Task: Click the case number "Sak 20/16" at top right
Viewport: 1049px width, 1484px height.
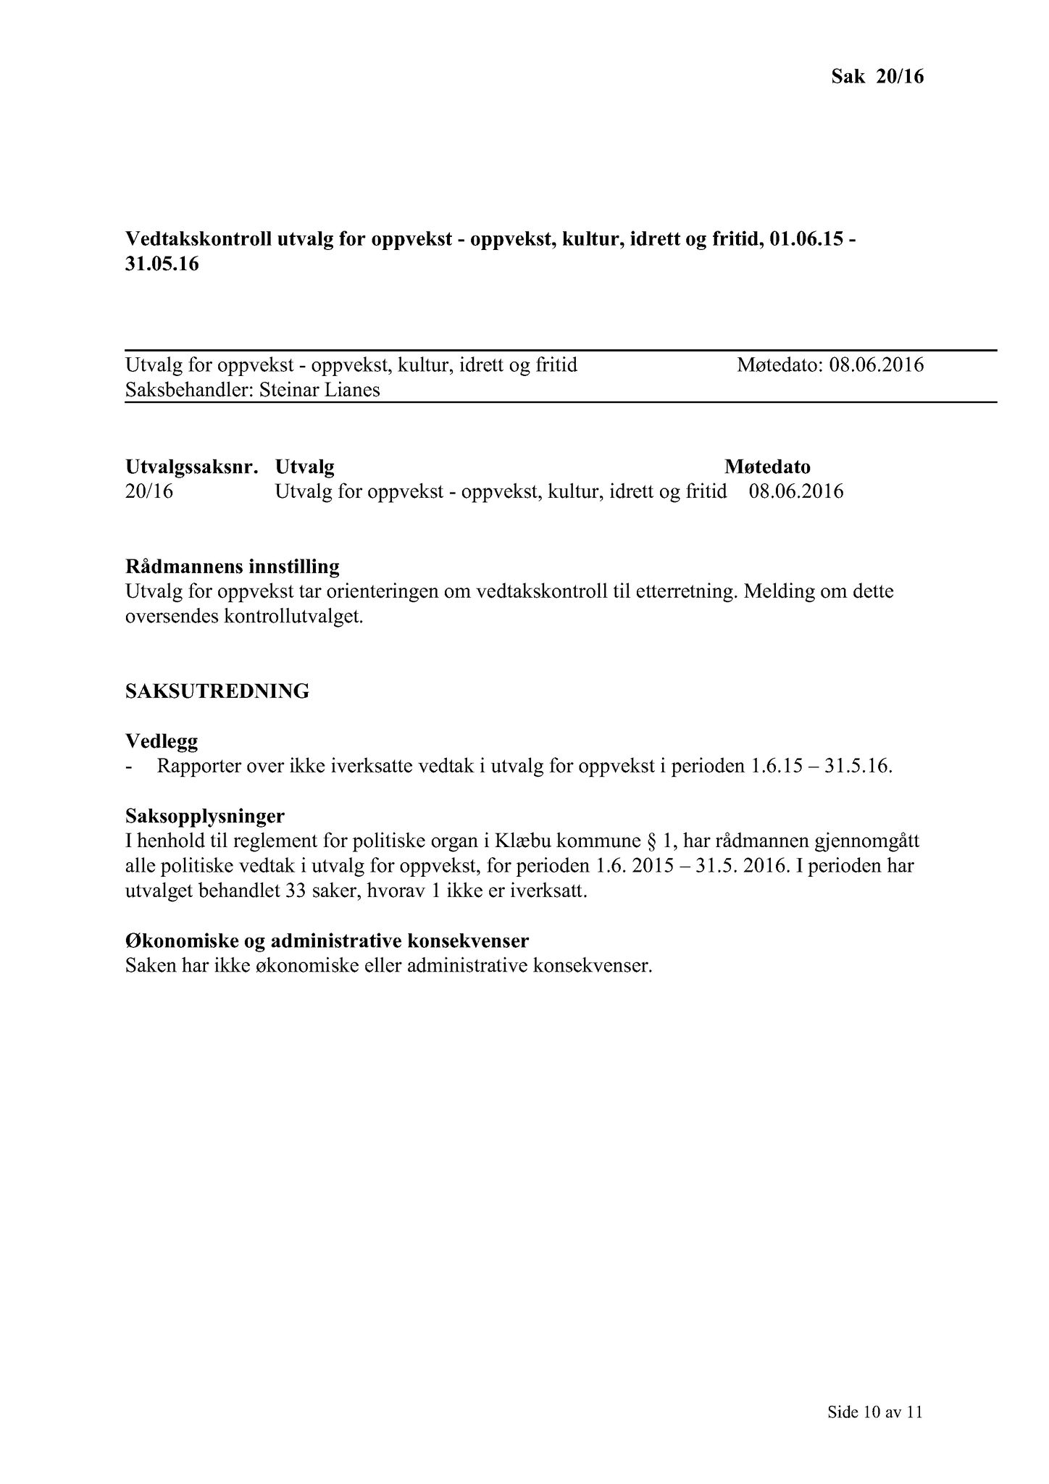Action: (877, 76)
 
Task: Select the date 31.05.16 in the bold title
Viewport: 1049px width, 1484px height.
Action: (162, 264)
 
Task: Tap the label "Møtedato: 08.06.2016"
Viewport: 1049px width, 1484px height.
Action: (830, 364)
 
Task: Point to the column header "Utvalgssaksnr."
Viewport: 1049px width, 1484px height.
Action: (191, 467)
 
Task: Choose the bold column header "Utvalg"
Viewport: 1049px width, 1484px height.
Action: (305, 467)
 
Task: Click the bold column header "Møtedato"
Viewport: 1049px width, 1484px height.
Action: (767, 467)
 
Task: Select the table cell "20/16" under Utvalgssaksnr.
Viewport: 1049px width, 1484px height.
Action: (149, 492)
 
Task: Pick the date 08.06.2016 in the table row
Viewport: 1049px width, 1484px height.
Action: (796, 492)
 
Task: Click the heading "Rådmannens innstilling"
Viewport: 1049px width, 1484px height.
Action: (232, 566)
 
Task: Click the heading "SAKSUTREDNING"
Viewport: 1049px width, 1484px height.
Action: (217, 691)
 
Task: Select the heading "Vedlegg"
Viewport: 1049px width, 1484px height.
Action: (161, 741)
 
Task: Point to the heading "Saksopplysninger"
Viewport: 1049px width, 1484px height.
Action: (205, 817)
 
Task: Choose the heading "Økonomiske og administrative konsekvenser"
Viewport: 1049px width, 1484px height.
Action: (327, 941)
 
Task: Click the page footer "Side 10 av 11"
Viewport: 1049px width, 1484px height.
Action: (875, 1412)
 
